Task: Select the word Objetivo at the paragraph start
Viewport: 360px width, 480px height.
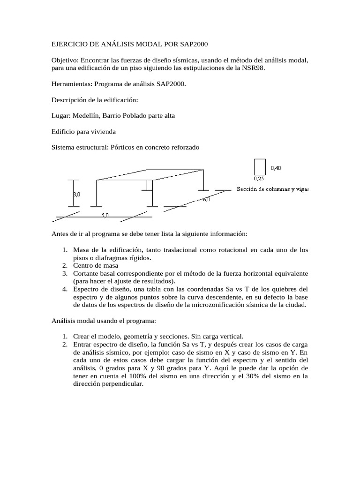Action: (66, 60)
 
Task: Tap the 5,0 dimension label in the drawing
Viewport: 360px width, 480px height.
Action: (105, 215)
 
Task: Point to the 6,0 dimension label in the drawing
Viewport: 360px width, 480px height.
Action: (206, 199)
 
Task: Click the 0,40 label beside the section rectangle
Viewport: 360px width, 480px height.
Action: (276, 168)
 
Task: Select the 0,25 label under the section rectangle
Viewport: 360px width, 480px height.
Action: (259, 179)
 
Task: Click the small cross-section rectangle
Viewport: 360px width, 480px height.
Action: (259, 167)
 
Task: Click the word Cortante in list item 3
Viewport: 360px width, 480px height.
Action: (85, 273)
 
